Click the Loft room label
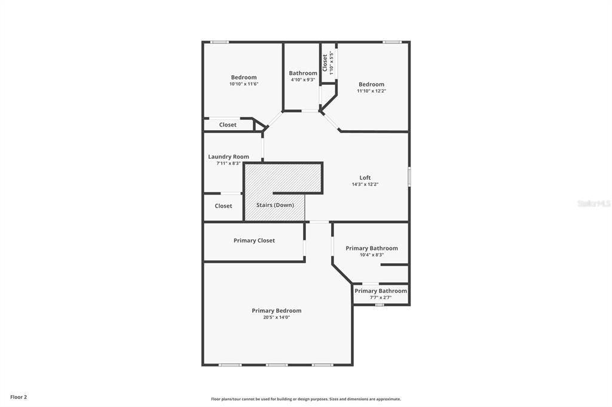[365, 178]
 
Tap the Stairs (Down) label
[275, 205]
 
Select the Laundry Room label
[228, 157]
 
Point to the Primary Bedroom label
[276, 311]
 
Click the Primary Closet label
[254, 240]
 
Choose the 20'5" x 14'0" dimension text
[276, 317]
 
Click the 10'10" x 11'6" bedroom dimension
[244, 84]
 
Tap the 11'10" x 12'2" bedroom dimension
[372, 91]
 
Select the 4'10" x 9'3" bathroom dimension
[303, 79]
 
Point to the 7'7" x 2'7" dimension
[381, 297]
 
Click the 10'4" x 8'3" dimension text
[372, 255]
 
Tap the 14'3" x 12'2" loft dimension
[365, 184]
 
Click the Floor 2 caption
[19, 397]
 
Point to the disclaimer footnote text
[306, 399]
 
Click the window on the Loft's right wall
[409, 176]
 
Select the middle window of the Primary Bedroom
[277, 365]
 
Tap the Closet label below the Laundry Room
[224, 206]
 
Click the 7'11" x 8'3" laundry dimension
[228, 164]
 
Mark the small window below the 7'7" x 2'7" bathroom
[380, 305]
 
